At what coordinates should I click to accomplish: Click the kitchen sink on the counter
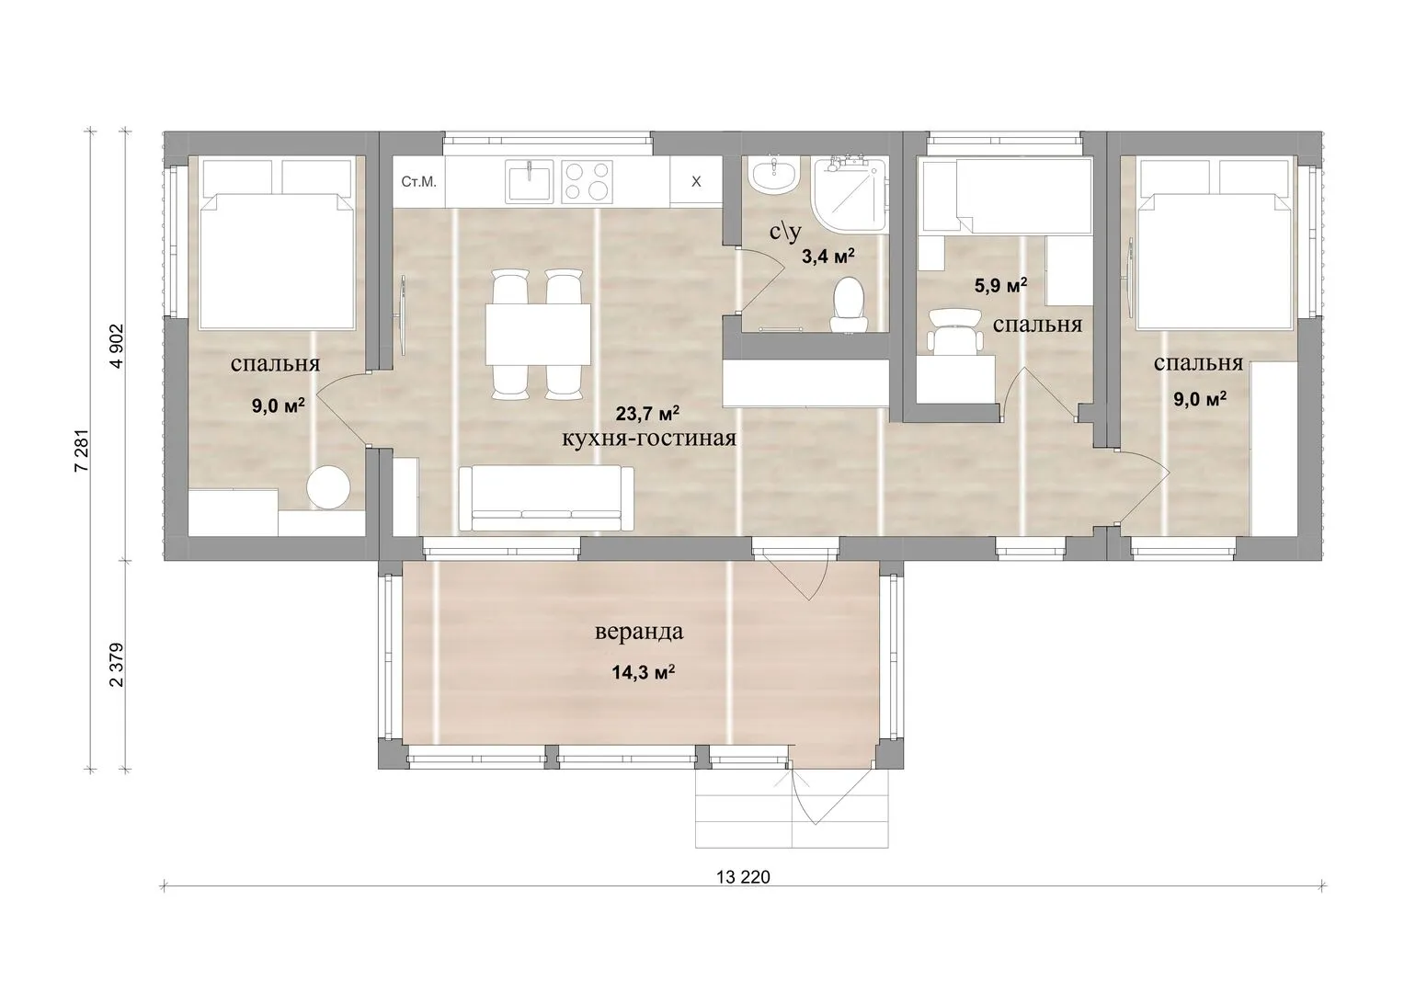tap(530, 181)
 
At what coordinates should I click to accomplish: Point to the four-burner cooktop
tap(587, 181)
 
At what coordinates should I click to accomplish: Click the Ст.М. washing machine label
tap(418, 182)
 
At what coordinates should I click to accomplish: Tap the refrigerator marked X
tap(696, 182)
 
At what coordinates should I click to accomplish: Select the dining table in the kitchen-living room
tap(539, 334)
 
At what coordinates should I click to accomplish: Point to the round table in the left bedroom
tap(328, 488)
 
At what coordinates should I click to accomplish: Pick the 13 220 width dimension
tap(743, 877)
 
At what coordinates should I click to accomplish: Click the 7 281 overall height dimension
tap(82, 451)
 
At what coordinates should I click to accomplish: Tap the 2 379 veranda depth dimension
tap(117, 665)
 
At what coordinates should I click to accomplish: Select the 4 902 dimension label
tap(117, 346)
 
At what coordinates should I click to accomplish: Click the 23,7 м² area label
tap(647, 414)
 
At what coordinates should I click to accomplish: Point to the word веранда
tap(639, 632)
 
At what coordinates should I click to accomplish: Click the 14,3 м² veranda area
tap(643, 673)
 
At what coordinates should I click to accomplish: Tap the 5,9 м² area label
tap(1000, 286)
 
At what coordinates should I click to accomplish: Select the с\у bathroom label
tap(786, 232)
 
